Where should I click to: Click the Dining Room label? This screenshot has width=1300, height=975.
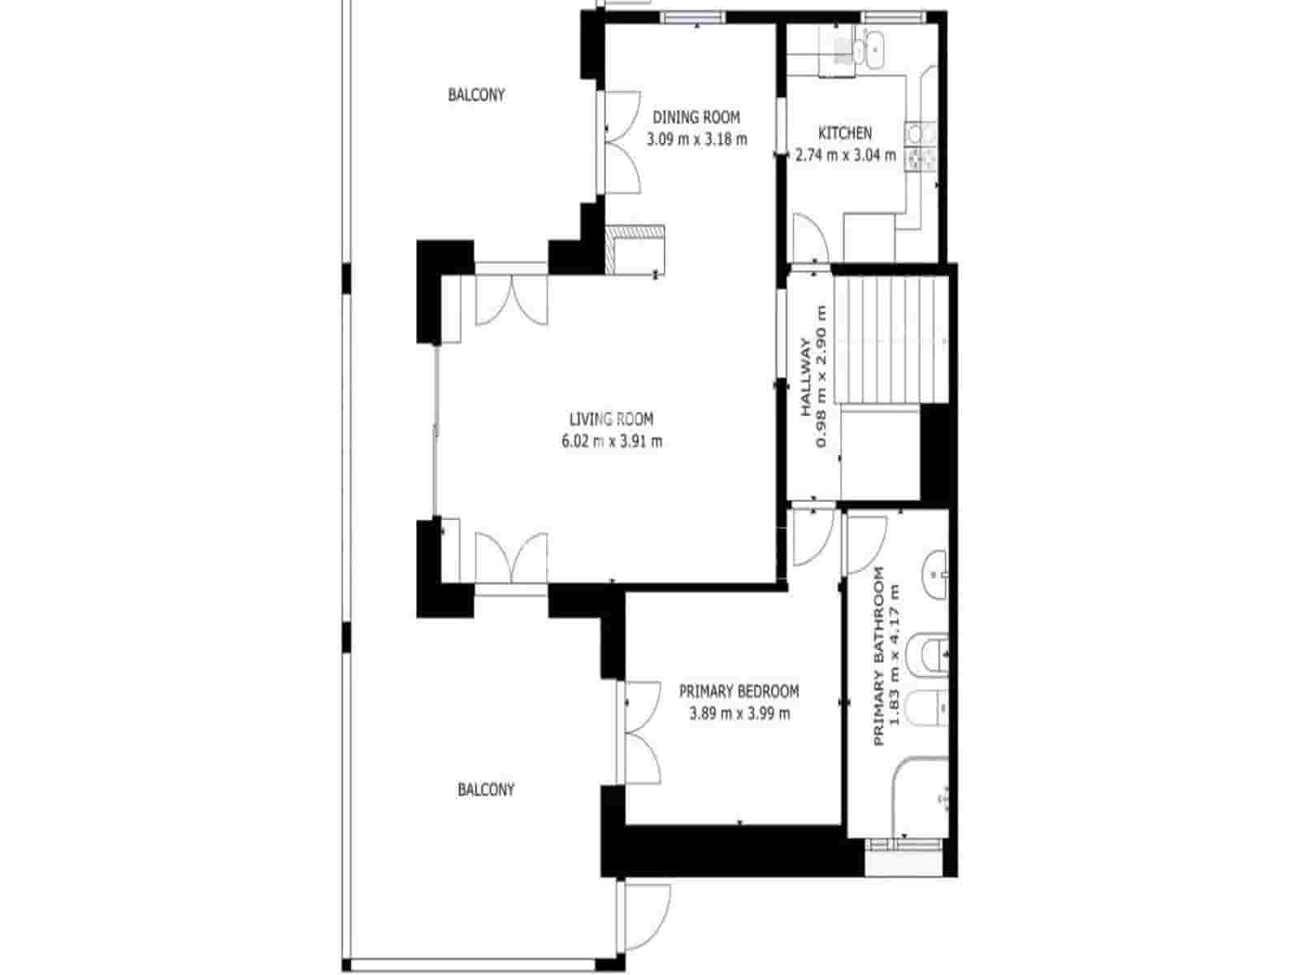[696, 117]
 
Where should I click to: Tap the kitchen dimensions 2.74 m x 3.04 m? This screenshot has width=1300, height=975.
[845, 155]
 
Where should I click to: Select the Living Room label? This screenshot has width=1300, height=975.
[611, 419]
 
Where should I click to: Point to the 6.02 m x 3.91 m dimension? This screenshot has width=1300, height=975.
[611, 441]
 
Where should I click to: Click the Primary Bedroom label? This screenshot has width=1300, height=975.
[739, 691]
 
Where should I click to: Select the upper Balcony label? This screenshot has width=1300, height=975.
[476, 95]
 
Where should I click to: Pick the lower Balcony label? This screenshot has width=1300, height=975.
[486, 789]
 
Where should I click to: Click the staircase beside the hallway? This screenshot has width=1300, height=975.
[891, 339]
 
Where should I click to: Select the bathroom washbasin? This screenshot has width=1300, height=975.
[934, 574]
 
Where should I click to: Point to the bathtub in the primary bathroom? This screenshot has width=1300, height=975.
[920, 796]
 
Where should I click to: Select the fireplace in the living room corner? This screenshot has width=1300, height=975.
[636, 249]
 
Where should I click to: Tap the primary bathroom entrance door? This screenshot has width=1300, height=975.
[864, 543]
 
